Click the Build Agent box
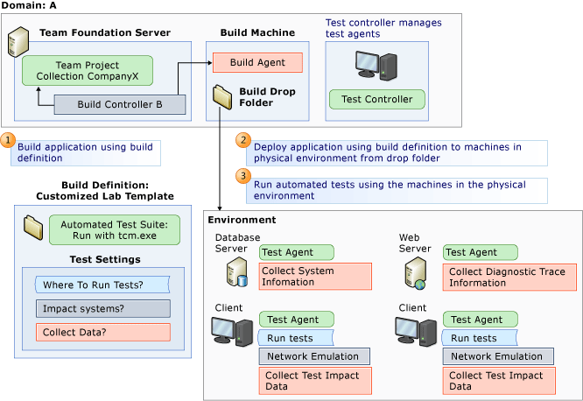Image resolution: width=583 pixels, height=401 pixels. pos(256,63)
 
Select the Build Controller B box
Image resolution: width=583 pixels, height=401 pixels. pos(120,105)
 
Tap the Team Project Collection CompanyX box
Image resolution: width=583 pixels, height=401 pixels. pos(87,71)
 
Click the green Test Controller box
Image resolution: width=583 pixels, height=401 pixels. pos(376,99)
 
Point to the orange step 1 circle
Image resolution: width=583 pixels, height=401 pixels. pos(8,140)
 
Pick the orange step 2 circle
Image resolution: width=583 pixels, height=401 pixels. pos(243,140)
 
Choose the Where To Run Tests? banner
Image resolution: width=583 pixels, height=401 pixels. pos(102,285)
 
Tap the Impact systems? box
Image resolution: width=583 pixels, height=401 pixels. pos(102,308)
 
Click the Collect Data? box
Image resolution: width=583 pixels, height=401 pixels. pos(102,333)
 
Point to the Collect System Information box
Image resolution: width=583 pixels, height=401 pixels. pos(315,277)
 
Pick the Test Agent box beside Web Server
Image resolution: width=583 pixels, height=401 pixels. pos(474,252)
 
